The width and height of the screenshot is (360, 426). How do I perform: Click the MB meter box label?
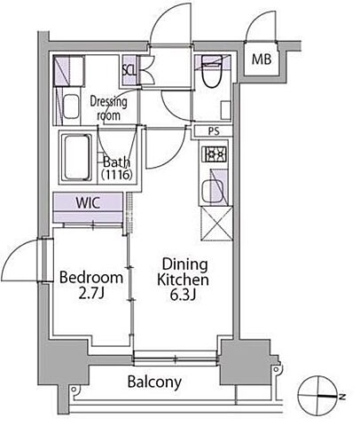[262, 59]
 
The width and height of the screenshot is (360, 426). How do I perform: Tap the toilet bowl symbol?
[212, 72]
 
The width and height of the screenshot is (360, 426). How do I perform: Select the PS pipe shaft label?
[214, 131]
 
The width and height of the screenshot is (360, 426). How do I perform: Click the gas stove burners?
[214, 154]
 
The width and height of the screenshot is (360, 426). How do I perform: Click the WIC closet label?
[88, 203]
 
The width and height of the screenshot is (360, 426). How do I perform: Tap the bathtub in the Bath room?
[76, 157]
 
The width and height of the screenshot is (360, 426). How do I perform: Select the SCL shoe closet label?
[129, 71]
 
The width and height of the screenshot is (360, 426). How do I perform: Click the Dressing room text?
[108, 108]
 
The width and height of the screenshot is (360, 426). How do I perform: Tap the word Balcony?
[154, 382]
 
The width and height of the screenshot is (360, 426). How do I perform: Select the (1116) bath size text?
[116, 175]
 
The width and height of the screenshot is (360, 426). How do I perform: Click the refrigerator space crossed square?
[216, 224]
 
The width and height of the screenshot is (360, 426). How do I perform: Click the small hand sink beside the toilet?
[226, 110]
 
